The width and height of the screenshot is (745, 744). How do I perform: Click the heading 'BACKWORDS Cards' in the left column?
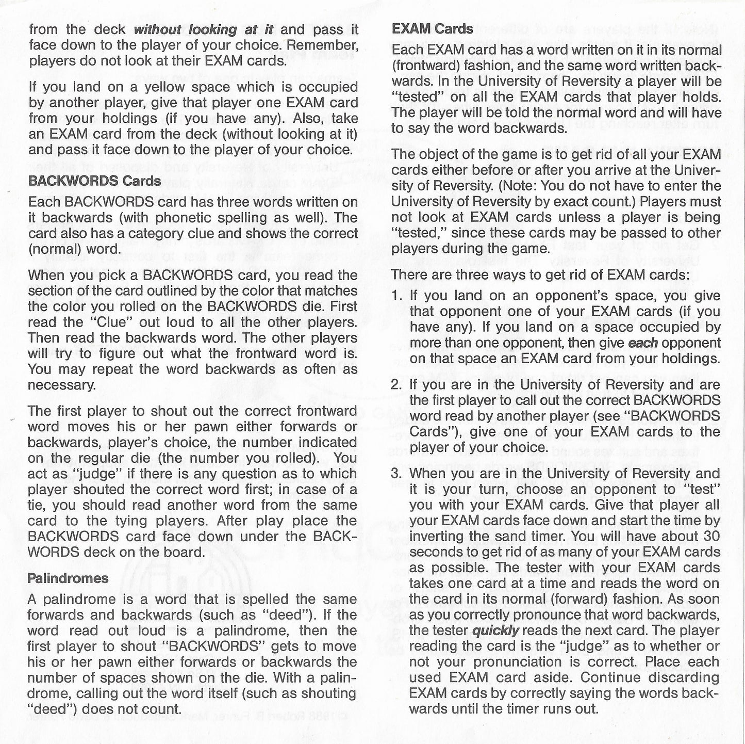click(95, 181)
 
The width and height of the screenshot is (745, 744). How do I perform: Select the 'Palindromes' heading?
click(68, 578)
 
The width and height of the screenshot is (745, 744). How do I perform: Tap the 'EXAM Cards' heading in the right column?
click(432, 29)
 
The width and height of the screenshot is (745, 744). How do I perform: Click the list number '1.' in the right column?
click(396, 296)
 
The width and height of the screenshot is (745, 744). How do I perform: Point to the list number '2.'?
click(396, 384)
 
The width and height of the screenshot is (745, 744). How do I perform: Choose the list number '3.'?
click(396, 474)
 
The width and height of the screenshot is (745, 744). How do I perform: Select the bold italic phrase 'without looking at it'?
click(204, 30)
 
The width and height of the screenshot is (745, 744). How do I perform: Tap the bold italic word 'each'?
click(642, 343)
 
